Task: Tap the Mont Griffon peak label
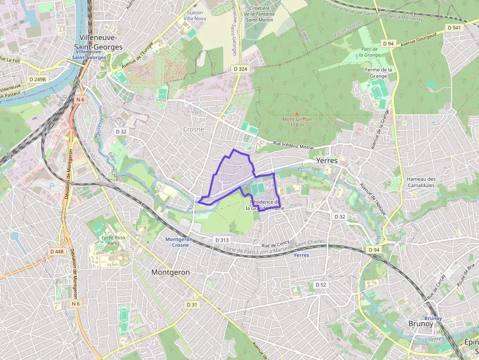point(297,122)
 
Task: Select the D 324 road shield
point(240,69)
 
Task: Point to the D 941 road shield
point(455,28)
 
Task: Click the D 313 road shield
point(221,240)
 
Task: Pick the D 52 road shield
point(321,284)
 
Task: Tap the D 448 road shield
point(57,252)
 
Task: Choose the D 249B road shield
point(38,79)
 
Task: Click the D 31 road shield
point(192,304)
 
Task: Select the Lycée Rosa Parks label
point(113,240)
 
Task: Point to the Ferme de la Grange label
point(379,73)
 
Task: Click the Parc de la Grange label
point(369,52)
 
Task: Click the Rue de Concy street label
point(276,245)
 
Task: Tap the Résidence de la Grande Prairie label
point(264,205)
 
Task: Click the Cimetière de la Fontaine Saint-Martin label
point(260,14)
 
